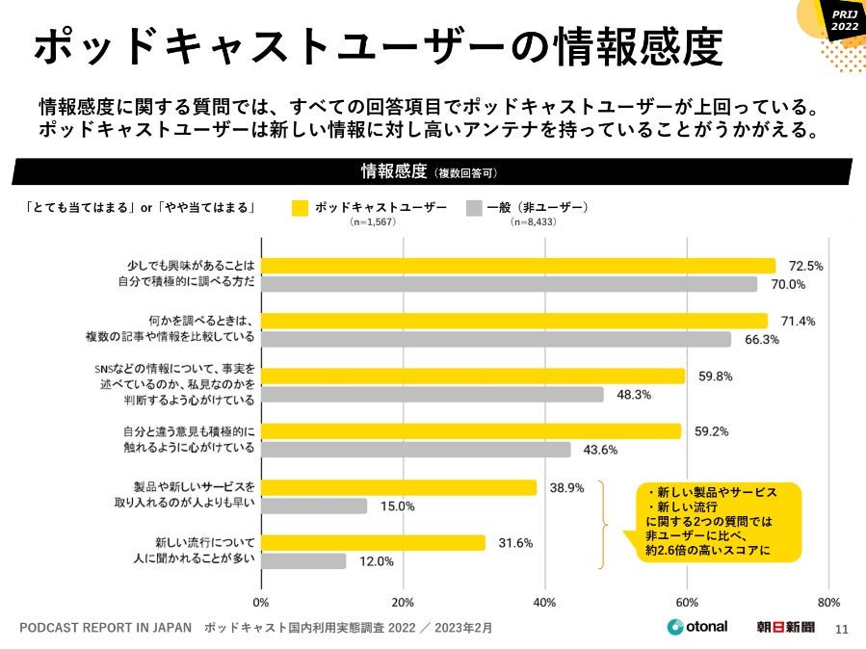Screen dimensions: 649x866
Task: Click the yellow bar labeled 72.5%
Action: (518, 266)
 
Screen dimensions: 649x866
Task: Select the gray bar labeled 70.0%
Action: (509, 284)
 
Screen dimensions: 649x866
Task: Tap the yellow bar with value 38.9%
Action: (398, 487)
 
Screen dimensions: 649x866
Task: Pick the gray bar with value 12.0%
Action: (303, 560)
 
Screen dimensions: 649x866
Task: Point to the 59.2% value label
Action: (711, 431)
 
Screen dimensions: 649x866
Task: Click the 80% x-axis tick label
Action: (828, 603)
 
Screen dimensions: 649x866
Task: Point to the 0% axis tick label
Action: (261, 603)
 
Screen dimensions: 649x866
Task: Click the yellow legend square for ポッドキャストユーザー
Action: (301, 207)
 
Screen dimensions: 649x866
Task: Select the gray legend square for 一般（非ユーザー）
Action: (473, 207)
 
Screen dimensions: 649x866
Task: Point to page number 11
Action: (840, 630)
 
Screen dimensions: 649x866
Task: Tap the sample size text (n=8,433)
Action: (533, 222)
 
